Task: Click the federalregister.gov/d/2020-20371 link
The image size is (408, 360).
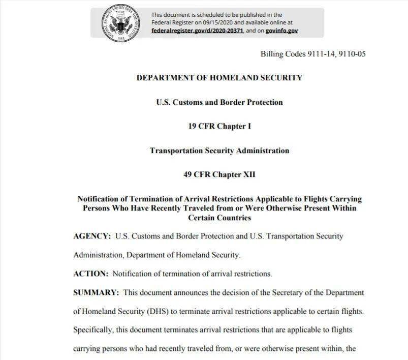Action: pyautogui.click(x=198, y=31)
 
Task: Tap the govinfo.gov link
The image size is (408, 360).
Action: pyautogui.click(x=281, y=31)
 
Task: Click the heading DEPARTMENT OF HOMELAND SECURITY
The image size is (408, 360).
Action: pyautogui.click(x=219, y=78)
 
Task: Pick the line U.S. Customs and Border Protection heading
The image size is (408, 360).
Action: pyautogui.click(x=219, y=102)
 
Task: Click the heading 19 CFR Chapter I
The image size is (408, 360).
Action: pyautogui.click(x=219, y=126)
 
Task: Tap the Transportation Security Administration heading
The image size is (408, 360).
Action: pyautogui.click(x=219, y=151)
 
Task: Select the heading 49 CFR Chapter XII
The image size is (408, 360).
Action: pyautogui.click(x=219, y=174)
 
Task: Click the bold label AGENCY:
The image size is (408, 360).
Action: pyautogui.click(x=92, y=236)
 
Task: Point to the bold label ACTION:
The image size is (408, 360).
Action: pyautogui.click(x=90, y=274)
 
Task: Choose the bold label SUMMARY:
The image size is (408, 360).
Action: pyautogui.click(x=96, y=293)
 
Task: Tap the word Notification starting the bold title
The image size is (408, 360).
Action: pyautogui.click(x=100, y=199)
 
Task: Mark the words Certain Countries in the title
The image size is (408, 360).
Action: pyautogui.click(x=219, y=218)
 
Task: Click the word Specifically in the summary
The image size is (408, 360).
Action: pyautogui.click(x=93, y=330)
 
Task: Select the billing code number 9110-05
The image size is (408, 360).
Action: pyautogui.click(x=352, y=54)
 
